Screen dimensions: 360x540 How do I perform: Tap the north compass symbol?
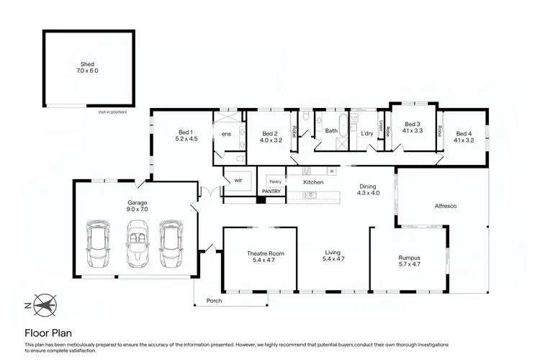44,305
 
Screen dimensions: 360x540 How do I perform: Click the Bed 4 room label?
464,137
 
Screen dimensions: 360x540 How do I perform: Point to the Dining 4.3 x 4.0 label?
368,190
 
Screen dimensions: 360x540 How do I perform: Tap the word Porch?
214,300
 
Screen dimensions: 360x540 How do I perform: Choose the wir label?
238,180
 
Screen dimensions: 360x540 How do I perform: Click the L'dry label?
366,133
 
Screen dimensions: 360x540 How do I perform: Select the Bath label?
331,131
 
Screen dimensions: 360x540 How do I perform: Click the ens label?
226,134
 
